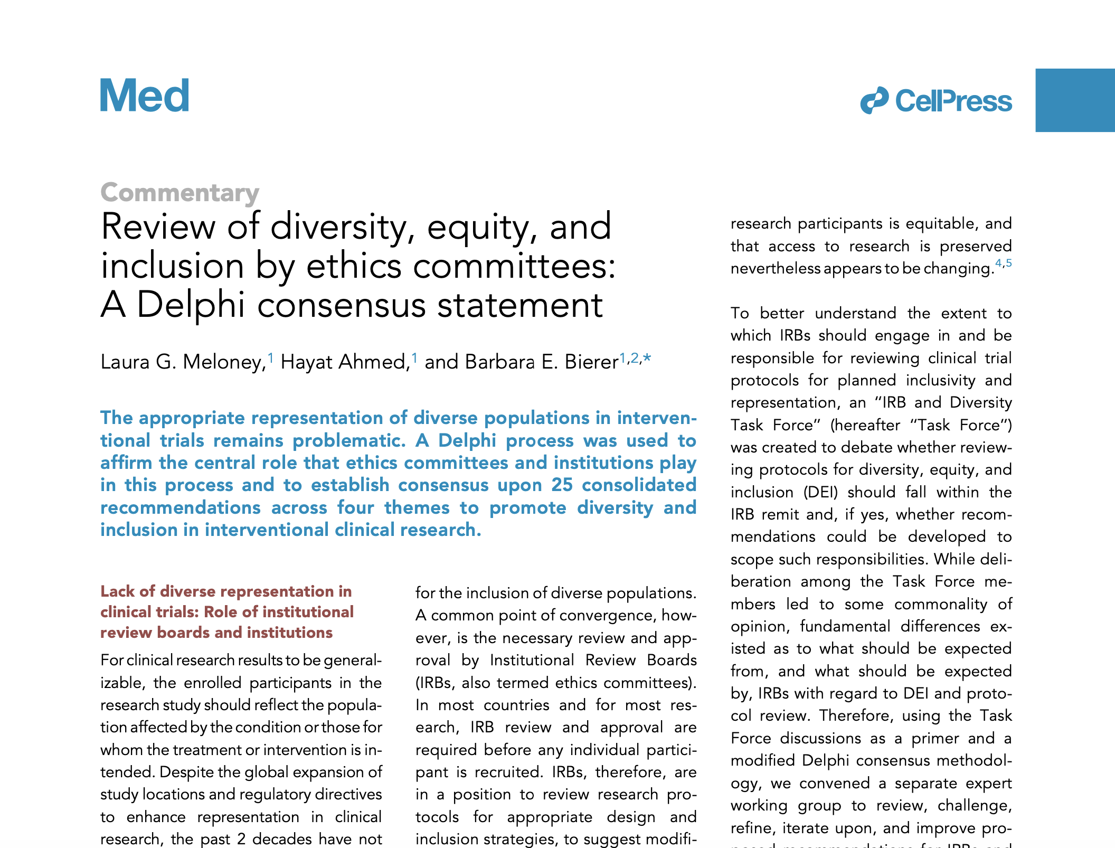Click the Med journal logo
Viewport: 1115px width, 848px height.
[145, 96]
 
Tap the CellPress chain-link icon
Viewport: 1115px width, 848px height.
[874, 100]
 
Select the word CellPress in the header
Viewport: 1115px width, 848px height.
[953, 101]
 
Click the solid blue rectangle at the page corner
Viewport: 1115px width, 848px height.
[1075, 100]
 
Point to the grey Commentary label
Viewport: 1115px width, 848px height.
[179, 193]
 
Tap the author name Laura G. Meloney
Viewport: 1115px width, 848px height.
[183, 362]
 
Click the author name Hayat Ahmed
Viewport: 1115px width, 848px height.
[345, 362]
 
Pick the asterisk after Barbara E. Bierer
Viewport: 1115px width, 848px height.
[647, 359]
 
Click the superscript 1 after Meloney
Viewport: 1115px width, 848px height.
[271, 358]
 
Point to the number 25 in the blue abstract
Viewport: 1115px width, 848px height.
[562, 485]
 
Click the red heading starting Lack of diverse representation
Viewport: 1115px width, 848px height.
[227, 611]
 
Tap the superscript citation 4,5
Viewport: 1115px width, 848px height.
[1003, 263]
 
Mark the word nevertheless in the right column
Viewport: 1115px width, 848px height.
[775, 269]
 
